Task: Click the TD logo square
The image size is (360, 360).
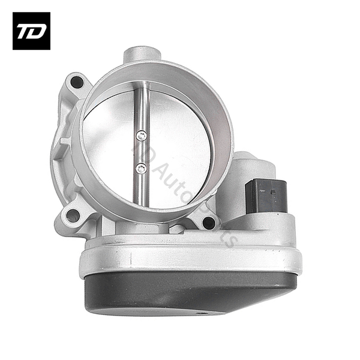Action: (x=31, y=31)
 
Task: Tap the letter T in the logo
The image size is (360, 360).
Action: (x=25, y=31)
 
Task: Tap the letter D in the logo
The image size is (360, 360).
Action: (x=38, y=31)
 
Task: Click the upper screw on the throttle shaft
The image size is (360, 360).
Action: (x=141, y=137)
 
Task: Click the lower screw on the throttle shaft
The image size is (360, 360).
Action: (x=141, y=169)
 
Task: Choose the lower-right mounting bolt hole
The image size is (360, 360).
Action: (x=209, y=223)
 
